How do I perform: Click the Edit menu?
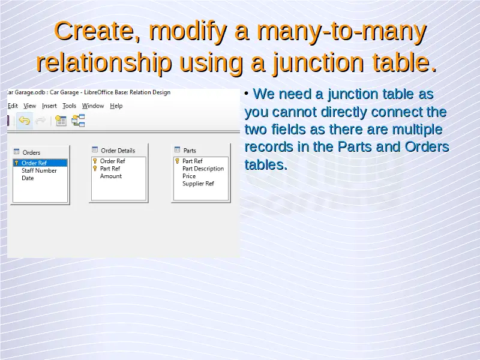tap(13, 106)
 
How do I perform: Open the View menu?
tap(29, 106)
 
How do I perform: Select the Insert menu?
tap(49, 106)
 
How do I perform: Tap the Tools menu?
tap(69, 106)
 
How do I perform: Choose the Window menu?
tap(93, 106)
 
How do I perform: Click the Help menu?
tap(116, 106)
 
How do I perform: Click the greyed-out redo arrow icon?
tap(40, 121)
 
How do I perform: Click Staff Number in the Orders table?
tap(39, 170)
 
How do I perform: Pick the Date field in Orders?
tap(28, 178)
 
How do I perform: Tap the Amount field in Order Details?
tap(111, 176)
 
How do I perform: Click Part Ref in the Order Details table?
tap(110, 169)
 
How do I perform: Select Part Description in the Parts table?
tap(203, 169)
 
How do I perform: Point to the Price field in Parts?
tap(189, 176)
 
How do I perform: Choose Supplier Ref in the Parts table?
tap(198, 184)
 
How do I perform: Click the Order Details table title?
tap(118, 151)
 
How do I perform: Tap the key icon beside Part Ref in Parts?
tap(177, 161)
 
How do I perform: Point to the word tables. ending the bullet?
tap(266, 164)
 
